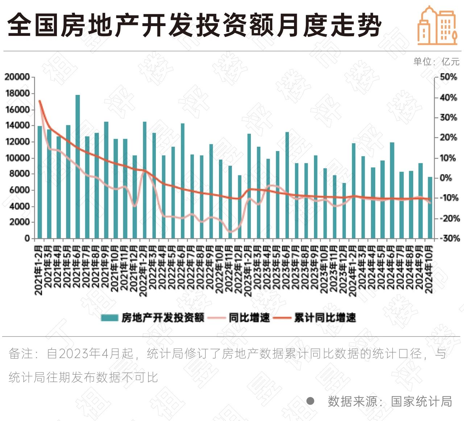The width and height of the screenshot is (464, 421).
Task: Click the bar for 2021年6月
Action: (78, 167)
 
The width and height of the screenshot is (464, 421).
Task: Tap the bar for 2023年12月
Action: (344, 210)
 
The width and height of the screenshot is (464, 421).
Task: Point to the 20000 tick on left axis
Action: (17, 77)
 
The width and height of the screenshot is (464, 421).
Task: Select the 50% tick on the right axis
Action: (448, 77)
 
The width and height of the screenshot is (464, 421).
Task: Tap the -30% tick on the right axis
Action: (449, 238)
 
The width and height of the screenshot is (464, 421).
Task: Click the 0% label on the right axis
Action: (446, 178)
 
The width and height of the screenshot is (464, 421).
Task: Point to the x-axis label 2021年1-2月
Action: (39, 270)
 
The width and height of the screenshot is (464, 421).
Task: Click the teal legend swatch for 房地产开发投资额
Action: (109, 318)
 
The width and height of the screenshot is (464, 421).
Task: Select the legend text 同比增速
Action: (249, 318)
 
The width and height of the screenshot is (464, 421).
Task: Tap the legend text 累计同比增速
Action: (325, 318)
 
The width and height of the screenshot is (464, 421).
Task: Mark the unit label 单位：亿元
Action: (436, 62)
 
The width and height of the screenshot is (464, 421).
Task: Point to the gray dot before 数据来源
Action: (310, 401)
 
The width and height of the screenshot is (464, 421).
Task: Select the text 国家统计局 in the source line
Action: (421, 401)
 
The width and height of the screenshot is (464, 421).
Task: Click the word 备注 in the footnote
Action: (21, 354)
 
